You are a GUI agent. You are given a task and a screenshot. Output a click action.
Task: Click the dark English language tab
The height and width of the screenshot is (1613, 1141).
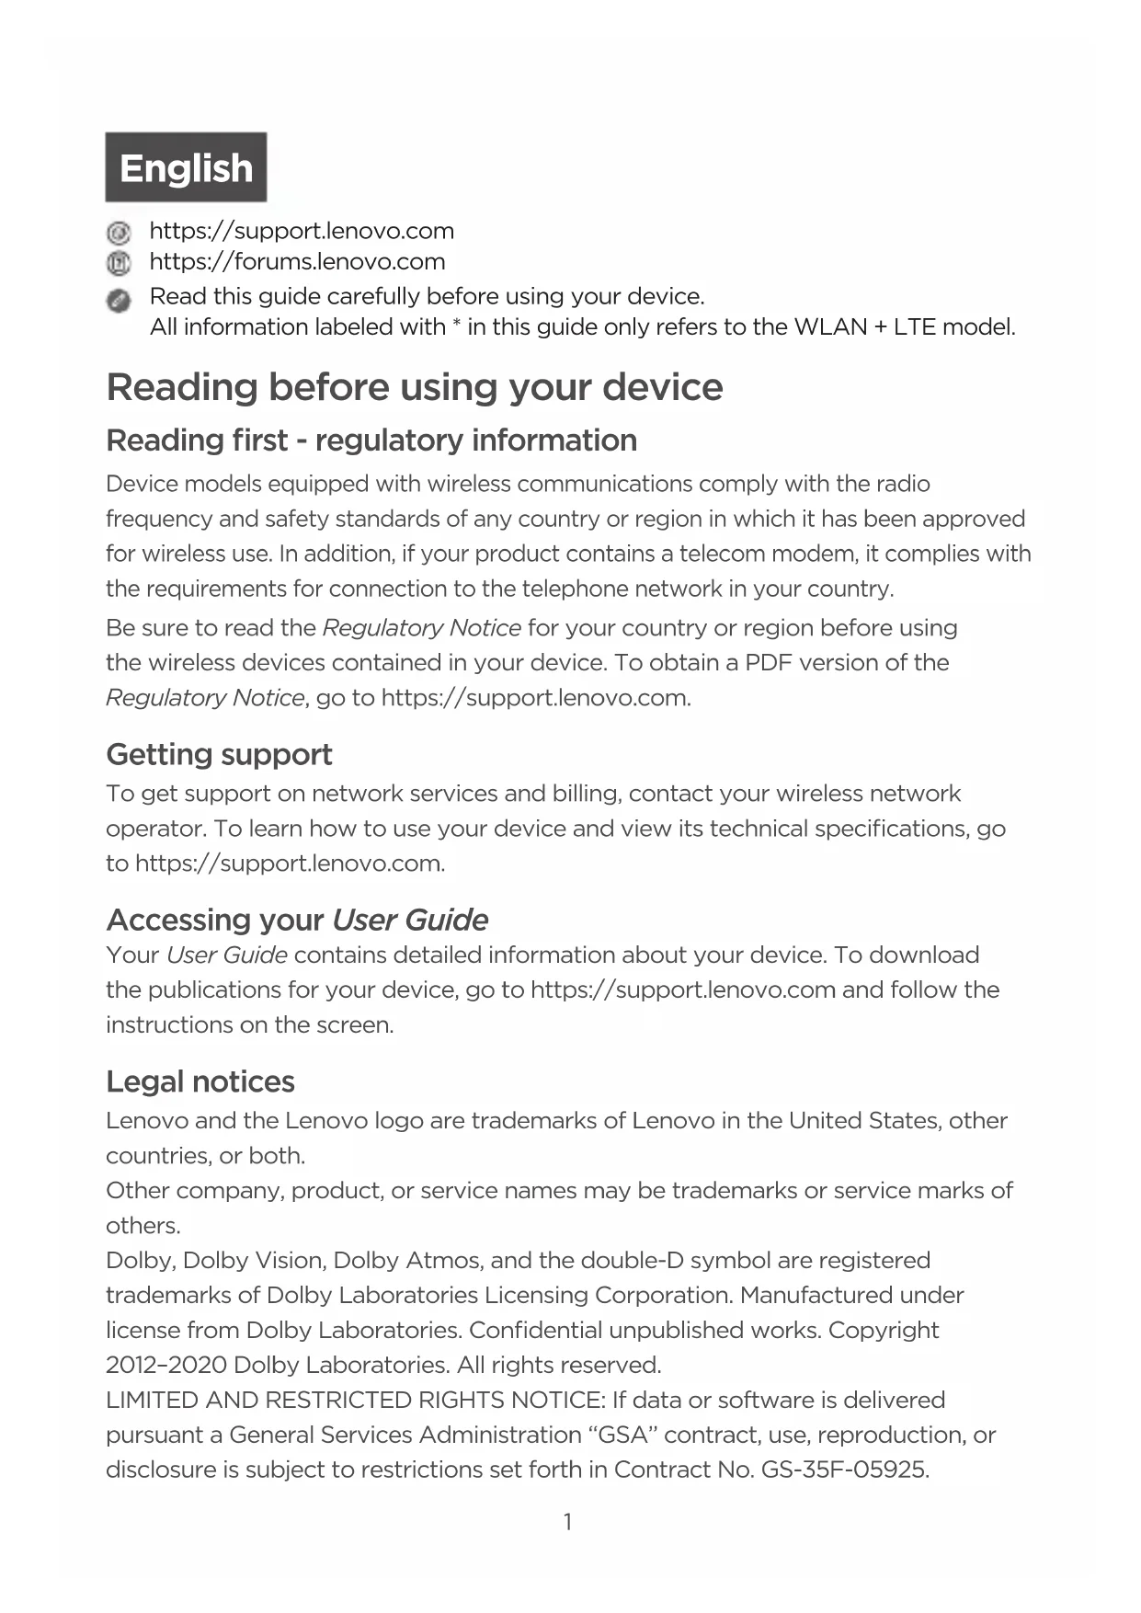[x=186, y=167]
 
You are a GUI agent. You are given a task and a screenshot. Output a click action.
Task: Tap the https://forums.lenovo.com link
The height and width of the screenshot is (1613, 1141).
[x=297, y=262]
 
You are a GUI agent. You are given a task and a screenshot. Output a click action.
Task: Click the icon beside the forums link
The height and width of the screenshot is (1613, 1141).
[x=119, y=263]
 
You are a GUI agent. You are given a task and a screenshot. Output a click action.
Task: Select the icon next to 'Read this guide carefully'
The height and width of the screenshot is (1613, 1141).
[x=119, y=300]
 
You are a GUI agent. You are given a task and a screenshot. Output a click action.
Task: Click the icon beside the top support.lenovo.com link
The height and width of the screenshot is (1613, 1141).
[x=119, y=232]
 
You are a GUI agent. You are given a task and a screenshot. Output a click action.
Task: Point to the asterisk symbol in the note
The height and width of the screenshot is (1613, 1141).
[x=456, y=326]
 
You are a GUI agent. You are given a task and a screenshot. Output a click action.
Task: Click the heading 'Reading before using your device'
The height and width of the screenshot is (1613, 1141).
[x=415, y=387]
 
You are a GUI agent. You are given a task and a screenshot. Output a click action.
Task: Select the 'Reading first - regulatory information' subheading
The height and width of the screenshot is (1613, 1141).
[x=371, y=440]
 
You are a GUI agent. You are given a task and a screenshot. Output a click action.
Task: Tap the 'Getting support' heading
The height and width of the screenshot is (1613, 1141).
[x=219, y=755]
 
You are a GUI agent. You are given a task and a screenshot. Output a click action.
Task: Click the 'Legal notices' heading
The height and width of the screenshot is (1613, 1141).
[x=200, y=1081]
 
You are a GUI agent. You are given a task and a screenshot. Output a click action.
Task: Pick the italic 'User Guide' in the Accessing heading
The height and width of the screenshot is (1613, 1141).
[x=410, y=921]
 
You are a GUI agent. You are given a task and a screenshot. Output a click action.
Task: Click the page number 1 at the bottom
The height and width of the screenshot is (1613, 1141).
[x=568, y=1522]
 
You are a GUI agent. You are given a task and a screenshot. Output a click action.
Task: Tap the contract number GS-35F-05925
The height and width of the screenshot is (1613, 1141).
[x=844, y=1470]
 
